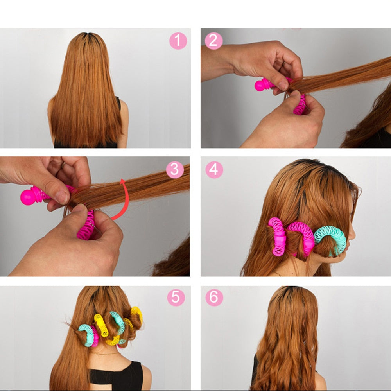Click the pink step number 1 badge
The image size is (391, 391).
(178, 41)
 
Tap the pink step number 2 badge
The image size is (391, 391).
(213, 41)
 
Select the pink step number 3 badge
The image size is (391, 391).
(175, 169)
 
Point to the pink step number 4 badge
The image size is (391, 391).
(214, 170)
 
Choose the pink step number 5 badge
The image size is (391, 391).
(176, 298)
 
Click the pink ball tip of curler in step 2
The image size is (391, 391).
(260, 85)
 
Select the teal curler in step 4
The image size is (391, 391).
(331, 239)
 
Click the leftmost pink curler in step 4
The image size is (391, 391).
(277, 237)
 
